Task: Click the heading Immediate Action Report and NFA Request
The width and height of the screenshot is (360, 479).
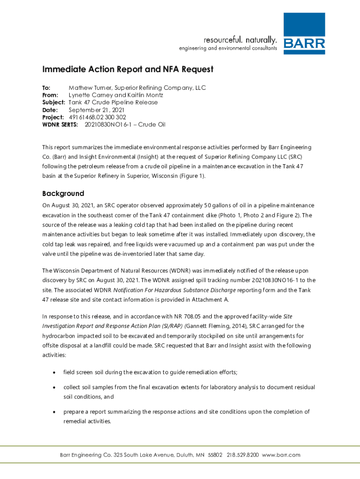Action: [128, 70]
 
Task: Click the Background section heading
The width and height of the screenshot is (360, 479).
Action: [63, 194]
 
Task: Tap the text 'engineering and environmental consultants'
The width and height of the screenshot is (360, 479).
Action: [228, 48]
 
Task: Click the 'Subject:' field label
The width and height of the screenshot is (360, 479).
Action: [54, 102]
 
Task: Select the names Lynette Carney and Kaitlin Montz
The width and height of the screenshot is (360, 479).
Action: [115, 95]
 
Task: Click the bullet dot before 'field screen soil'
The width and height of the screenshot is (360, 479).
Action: [55, 372]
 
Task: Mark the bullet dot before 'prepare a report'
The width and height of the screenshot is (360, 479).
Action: [55, 412]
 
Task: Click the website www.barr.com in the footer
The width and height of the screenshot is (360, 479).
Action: [281, 455]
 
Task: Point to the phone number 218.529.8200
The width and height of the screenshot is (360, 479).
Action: [243, 455]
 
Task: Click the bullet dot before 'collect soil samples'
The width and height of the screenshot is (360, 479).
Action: [55, 387]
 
